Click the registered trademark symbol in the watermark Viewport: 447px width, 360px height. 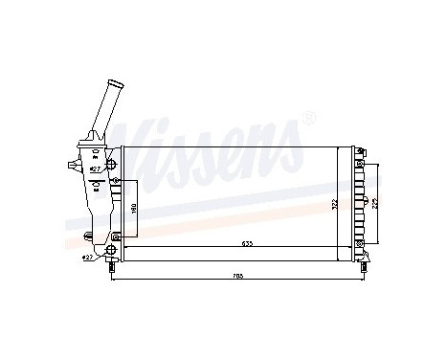tap(308, 119)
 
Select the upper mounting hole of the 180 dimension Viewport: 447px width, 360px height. tap(117, 180)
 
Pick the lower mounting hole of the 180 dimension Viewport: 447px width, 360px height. tap(117, 236)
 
